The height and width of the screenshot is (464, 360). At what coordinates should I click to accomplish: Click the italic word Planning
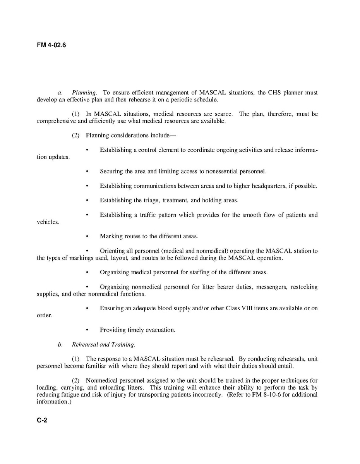click(x=84, y=93)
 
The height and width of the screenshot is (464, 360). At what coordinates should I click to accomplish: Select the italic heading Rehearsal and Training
click(x=103, y=344)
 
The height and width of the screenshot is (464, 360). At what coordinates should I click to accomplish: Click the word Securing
click(x=111, y=171)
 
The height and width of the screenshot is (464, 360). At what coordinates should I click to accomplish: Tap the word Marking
click(x=111, y=236)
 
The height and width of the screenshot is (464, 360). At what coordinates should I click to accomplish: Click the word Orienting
click(x=113, y=251)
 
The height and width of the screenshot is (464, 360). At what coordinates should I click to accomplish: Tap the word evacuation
click(x=160, y=330)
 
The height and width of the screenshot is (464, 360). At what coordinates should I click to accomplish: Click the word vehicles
click(x=48, y=222)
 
